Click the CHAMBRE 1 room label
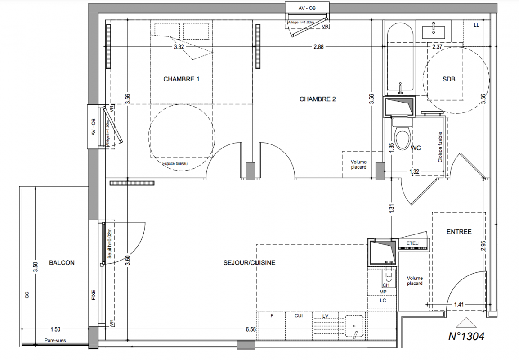tap(181, 80)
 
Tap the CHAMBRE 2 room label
tap(318, 99)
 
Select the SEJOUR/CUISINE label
tap(249, 263)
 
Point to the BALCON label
tap(62, 263)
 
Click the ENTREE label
tap(459, 232)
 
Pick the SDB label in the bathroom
tap(449, 79)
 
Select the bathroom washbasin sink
tap(434, 31)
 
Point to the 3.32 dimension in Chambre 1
tap(179, 47)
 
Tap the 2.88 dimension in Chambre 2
tap(318, 47)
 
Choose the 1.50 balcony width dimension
tap(55, 329)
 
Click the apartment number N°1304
tap(466, 337)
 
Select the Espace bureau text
tap(175, 164)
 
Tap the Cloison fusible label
tap(440, 147)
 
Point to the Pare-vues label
tap(55, 340)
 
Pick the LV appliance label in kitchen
tap(325, 316)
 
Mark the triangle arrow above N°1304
tap(466, 323)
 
